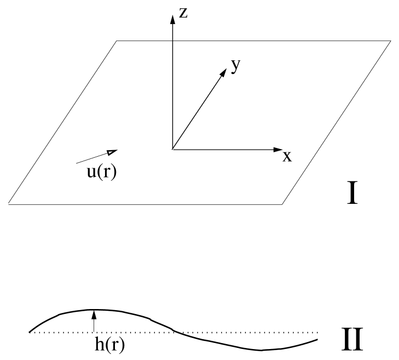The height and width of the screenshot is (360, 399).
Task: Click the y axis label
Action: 236,66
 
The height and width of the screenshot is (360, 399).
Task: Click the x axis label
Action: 287,157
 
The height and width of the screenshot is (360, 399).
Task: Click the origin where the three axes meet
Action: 172,149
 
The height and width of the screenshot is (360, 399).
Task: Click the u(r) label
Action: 99,171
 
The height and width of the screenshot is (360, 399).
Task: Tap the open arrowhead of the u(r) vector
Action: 112,152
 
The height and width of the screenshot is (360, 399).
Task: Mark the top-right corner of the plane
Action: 390,41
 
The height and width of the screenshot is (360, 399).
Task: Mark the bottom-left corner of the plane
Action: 9,204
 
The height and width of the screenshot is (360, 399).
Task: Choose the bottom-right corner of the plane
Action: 282,204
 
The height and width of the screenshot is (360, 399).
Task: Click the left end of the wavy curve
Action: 30,332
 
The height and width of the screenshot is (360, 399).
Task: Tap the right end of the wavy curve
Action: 317,340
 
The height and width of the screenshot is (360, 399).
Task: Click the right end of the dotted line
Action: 318,332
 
